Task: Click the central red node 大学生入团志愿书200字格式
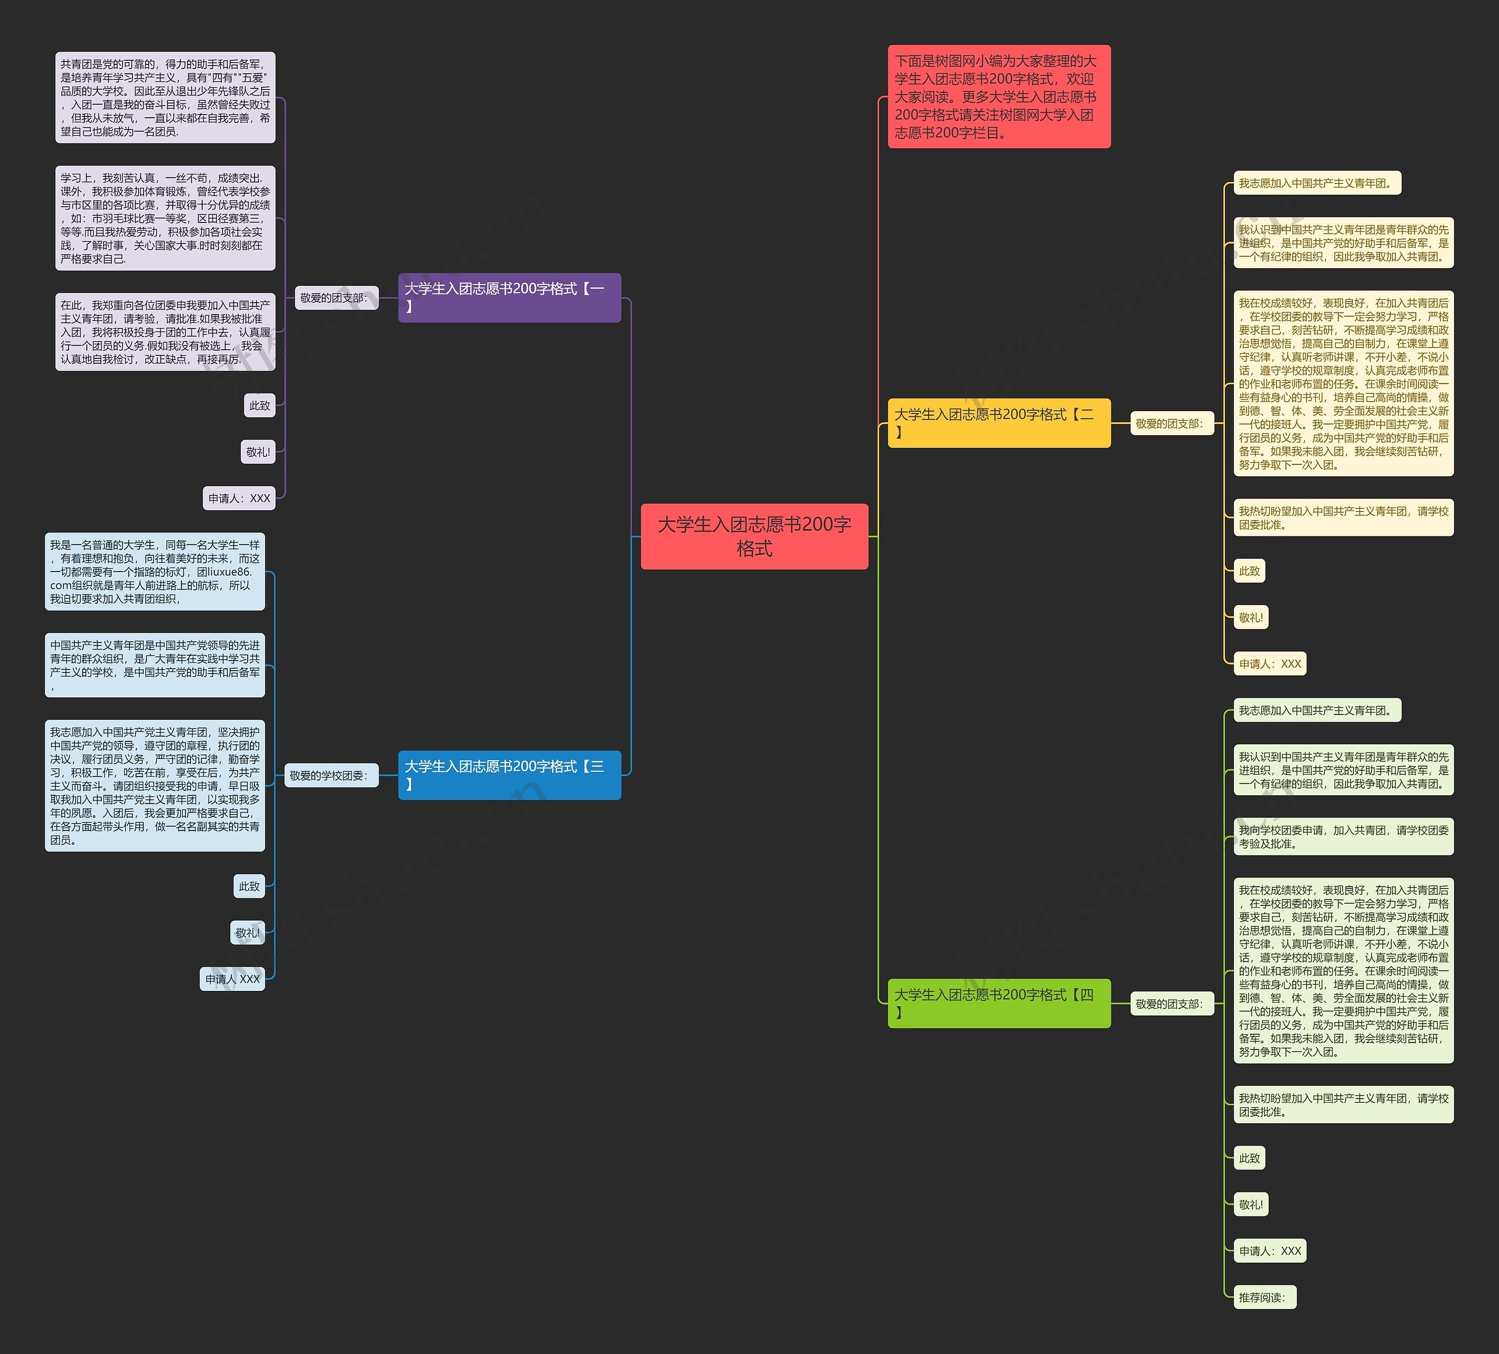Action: click(754, 536)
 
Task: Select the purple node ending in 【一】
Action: click(509, 298)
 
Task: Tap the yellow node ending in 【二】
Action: click(998, 423)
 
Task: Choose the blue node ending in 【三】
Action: click(509, 775)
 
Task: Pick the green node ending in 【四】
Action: click(998, 1003)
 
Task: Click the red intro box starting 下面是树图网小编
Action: click(998, 97)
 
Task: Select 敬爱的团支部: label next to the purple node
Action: click(336, 298)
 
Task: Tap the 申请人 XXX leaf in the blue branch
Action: click(232, 979)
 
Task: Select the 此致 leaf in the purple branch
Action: click(259, 405)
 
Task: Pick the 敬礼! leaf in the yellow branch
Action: click(1251, 617)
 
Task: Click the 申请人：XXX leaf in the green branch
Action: click(1269, 1251)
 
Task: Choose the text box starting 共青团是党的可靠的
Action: click(165, 97)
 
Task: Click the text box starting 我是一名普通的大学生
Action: click(155, 572)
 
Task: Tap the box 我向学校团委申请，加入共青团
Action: click(1343, 836)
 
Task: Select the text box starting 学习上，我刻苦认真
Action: click(165, 218)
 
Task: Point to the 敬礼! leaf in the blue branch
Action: click(248, 932)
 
